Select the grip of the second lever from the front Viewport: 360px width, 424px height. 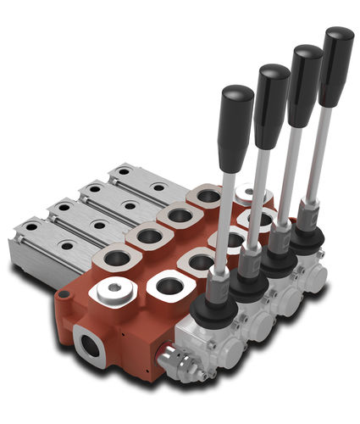click(x=271, y=103)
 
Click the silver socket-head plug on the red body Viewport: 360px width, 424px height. click(x=116, y=290)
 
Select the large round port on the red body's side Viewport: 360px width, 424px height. click(x=90, y=346)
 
